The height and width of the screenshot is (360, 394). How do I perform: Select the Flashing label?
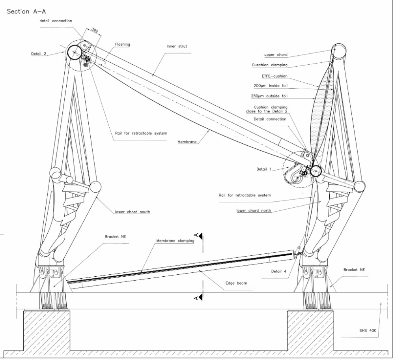click(122, 45)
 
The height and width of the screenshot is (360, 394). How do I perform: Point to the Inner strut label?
click(177, 46)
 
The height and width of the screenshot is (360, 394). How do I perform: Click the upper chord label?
click(276, 54)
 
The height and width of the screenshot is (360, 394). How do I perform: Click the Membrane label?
click(187, 141)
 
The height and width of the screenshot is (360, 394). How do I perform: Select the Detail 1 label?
click(264, 169)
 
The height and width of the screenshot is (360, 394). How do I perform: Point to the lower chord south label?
click(132, 212)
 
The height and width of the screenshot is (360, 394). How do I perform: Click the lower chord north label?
click(254, 211)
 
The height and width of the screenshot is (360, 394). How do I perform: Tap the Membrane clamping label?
click(175, 240)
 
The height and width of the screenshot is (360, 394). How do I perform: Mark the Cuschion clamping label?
click(269, 65)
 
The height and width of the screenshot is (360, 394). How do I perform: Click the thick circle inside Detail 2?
click(74, 52)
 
